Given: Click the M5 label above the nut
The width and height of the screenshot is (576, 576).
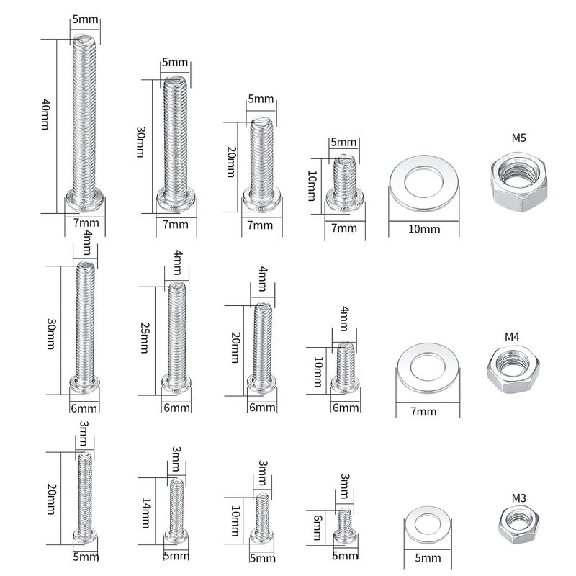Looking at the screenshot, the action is (518, 138).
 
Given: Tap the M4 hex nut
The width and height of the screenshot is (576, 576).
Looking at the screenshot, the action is (513, 369).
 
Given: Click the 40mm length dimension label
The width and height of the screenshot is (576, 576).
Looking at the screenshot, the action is (45, 114).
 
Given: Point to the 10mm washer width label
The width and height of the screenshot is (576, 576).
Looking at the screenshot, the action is (424, 229).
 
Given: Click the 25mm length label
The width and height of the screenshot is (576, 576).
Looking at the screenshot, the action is (145, 338).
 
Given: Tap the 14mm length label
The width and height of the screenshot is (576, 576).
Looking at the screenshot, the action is (146, 513).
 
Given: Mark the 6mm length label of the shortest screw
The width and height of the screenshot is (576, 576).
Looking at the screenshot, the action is (318, 528).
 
